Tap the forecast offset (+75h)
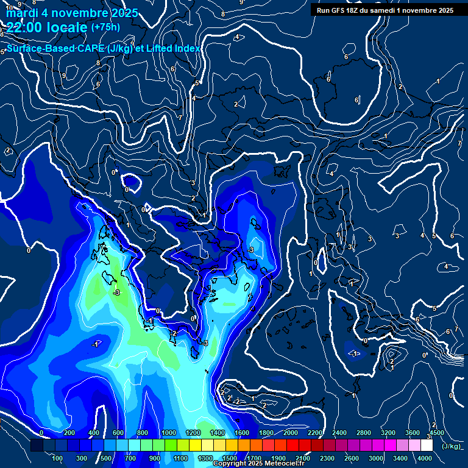click(x=105, y=27)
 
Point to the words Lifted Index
click(x=172, y=48)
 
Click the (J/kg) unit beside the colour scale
click(x=450, y=446)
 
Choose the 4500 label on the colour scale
click(x=437, y=433)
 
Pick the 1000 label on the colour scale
click(x=169, y=433)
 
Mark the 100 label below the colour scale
click(x=58, y=458)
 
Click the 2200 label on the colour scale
click(x=314, y=433)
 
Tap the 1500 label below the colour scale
click(x=230, y=458)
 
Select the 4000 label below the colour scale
click(x=425, y=458)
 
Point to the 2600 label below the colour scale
click(x=352, y=458)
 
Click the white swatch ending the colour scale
click(x=427, y=445)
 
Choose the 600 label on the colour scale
click(x=118, y=433)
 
